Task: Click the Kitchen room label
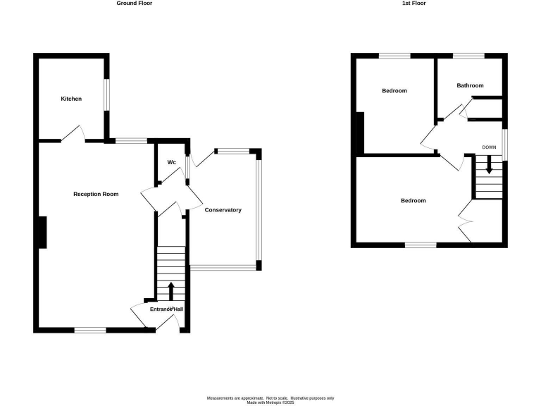click(71, 99)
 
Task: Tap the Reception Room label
click(96, 194)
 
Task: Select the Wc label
click(171, 162)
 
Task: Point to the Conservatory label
click(223, 210)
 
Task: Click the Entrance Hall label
click(166, 309)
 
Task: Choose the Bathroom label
click(470, 85)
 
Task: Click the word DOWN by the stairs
click(490, 147)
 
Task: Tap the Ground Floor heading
click(134, 4)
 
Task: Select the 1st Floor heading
click(414, 4)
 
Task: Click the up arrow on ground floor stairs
click(170, 290)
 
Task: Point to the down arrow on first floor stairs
click(489, 168)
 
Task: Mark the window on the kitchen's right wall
click(106, 93)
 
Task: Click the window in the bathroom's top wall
click(468, 56)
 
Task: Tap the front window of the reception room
click(90, 329)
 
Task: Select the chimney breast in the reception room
click(42, 232)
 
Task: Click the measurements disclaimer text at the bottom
click(270, 400)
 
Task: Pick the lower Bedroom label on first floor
click(413, 201)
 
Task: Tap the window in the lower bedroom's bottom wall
click(421, 245)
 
